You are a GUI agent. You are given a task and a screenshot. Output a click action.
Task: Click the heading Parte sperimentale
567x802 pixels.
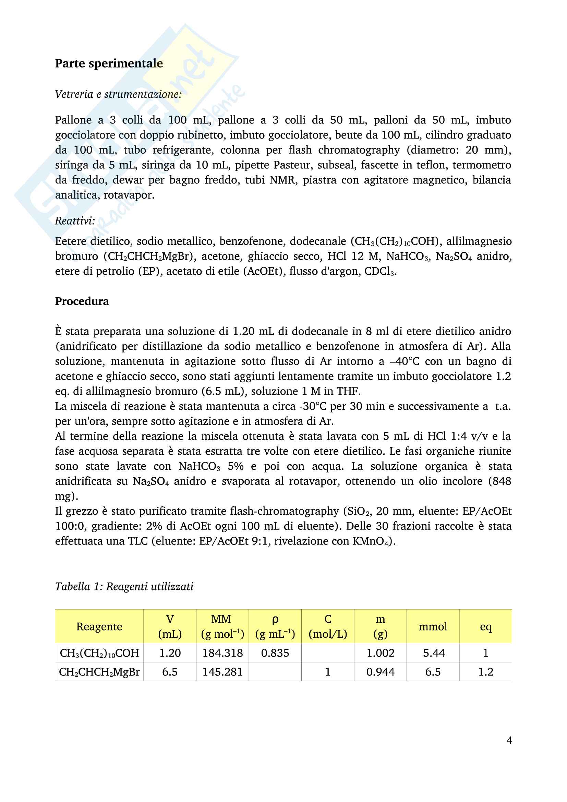[109, 63]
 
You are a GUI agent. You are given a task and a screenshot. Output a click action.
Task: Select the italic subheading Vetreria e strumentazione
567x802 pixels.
[118, 94]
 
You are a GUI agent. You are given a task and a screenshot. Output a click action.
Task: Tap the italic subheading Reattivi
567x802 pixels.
[75, 220]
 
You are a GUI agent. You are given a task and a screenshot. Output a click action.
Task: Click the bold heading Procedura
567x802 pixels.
[82, 301]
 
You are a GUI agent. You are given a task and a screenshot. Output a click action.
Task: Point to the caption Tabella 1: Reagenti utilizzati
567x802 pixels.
[124, 586]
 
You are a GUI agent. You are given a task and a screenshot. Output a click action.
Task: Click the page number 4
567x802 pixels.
[509, 740]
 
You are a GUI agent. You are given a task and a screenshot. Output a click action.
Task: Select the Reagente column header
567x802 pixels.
[99, 627]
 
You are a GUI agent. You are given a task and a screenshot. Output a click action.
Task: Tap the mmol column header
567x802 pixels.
[433, 627]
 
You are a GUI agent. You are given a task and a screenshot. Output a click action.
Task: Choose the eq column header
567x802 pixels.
[486, 627]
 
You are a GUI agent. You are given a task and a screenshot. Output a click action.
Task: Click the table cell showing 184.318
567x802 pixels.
[222, 653]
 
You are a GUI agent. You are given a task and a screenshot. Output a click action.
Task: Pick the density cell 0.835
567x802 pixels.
[275, 653]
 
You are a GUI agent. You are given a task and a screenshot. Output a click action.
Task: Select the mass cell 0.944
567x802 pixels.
[380, 672]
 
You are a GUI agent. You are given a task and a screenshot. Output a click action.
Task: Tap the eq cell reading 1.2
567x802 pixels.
[486, 672]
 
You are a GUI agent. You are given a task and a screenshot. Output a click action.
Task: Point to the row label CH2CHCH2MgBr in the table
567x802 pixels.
[99, 672]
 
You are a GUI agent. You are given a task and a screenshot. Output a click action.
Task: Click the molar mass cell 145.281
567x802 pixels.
[222, 672]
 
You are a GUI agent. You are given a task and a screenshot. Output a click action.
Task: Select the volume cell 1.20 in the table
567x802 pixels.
[170, 653]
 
